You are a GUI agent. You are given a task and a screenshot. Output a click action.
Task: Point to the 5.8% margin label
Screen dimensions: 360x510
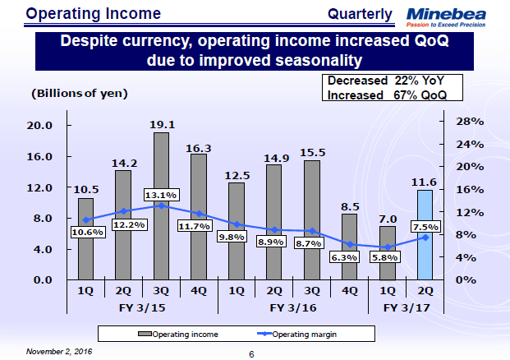coord(384,256)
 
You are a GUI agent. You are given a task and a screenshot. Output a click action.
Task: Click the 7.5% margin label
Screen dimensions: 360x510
coord(425,227)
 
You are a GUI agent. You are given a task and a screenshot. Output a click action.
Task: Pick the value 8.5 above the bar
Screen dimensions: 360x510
coord(349,206)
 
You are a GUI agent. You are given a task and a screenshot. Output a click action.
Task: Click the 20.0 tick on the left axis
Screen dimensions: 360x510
coord(40,125)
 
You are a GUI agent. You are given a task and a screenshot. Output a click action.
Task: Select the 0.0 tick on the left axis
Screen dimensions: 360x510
coord(40,279)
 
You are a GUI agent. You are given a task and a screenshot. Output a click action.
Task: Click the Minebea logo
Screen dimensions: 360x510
coord(457,16)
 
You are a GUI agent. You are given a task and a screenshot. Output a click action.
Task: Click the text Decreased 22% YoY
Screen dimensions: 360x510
coord(385,81)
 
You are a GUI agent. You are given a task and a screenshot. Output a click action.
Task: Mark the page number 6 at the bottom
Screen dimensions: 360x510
coord(252,354)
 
